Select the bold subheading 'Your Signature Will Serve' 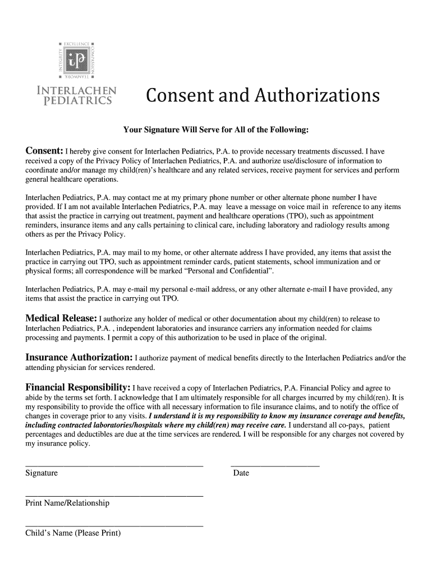216,130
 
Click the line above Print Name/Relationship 114,496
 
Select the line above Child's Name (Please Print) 114,526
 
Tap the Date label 241,473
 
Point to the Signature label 42,473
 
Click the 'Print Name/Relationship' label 67,503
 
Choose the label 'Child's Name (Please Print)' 73,533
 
